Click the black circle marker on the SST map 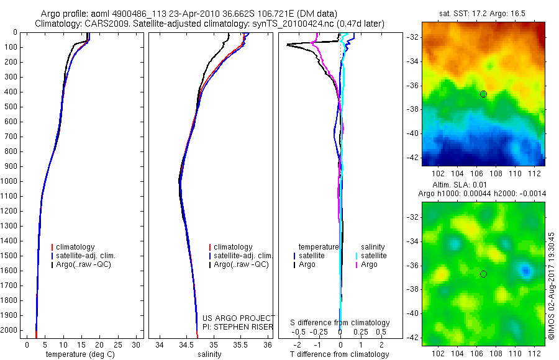click(483, 94)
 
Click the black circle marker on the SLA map click(483, 274)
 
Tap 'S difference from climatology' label click(340, 323)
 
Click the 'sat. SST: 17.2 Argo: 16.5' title click(483, 12)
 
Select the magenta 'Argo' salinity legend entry click(369, 264)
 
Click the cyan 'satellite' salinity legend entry click(373, 256)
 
